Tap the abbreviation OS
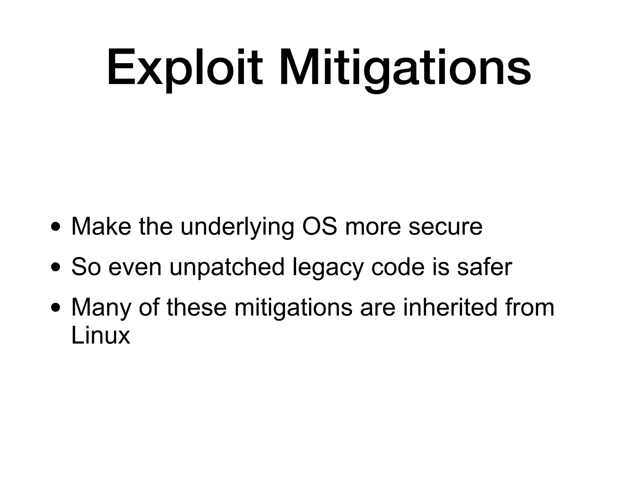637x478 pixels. pos(319,226)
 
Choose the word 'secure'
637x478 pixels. pos(445,227)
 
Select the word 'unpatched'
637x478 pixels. pos(227,267)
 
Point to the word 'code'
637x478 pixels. pos(398,267)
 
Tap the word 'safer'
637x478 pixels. pos(484,267)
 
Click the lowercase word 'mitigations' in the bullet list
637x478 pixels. pos(293,308)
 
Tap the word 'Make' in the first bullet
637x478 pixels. pos(101,226)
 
